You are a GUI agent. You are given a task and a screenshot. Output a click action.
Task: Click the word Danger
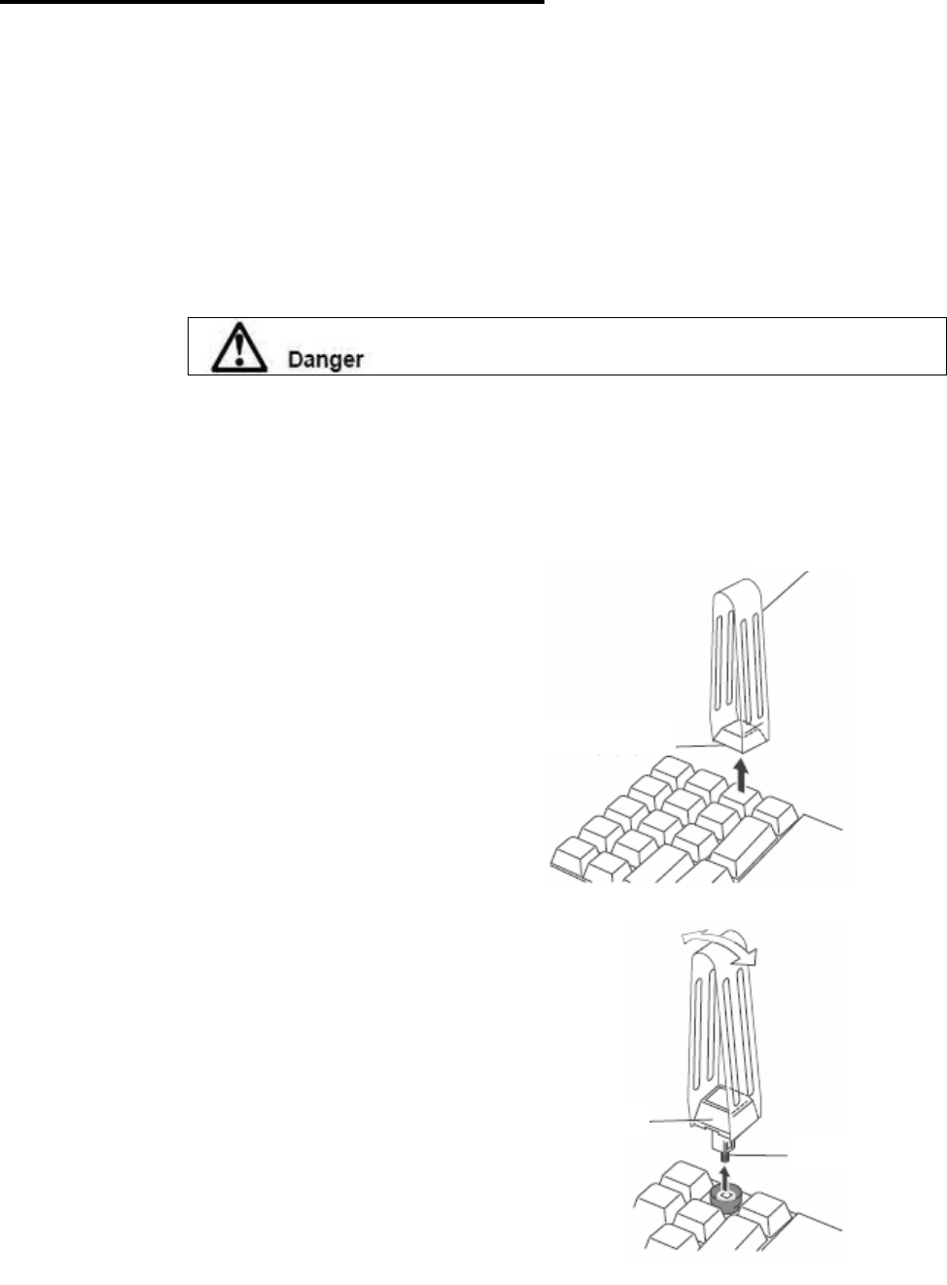(x=325, y=359)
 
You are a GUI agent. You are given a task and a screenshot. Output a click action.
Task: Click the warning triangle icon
(x=235, y=347)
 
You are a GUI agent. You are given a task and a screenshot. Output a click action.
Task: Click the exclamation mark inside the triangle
(x=235, y=350)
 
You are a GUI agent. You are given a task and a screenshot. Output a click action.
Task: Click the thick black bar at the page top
(x=272, y=3)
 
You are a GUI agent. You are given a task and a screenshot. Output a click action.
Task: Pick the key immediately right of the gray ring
(x=768, y=1205)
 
